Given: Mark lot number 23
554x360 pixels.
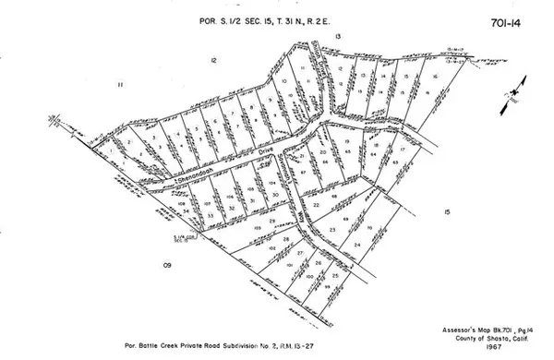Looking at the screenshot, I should pyautogui.click(x=332, y=228).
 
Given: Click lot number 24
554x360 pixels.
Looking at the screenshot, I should pyautogui.click(x=356, y=245).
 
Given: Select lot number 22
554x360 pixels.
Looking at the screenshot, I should pyautogui.click(x=317, y=205).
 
